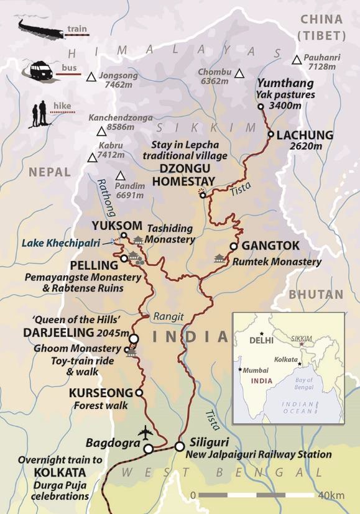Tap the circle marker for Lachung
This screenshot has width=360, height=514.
(270, 134)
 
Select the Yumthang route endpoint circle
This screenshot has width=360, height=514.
(261, 107)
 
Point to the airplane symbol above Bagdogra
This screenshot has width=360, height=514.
(147, 433)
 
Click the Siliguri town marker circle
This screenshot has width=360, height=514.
(179, 446)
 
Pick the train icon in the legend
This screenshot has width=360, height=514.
(38, 27)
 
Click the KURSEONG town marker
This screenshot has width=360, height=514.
(139, 393)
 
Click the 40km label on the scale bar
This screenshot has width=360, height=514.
(330, 495)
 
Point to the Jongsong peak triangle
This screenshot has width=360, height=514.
(91, 77)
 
